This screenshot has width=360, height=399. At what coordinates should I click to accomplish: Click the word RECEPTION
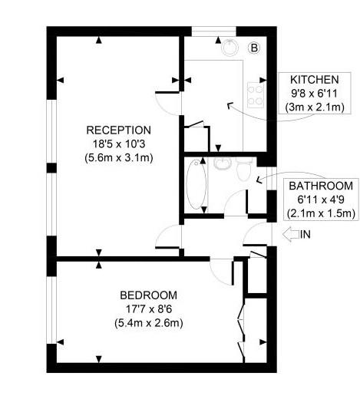[x=118, y=130]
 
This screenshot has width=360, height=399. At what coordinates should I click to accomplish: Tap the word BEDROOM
[x=148, y=295]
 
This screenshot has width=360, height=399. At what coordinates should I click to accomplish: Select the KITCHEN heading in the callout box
[x=315, y=80]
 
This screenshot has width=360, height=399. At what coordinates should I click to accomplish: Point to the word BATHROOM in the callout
[x=321, y=186]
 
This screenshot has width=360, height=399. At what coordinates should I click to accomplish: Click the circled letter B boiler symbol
[x=254, y=48]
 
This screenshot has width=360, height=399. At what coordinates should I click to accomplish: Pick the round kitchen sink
[x=230, y=48]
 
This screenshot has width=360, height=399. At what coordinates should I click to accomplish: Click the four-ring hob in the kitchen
[x=256, y=95]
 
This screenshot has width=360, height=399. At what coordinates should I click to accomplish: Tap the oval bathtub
[x=196, y=184]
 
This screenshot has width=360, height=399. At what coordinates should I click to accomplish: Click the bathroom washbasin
[x=223, y=163]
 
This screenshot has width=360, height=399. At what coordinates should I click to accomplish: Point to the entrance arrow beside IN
[x=291, y=234]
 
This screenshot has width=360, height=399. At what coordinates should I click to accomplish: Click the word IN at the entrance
[x=306, y=234]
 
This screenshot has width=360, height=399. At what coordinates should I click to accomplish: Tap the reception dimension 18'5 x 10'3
[x=119, y=144]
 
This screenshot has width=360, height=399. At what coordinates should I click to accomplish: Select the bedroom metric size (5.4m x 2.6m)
[x=149, y=323]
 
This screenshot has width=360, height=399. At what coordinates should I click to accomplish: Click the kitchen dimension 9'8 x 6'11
[x=315, y=94]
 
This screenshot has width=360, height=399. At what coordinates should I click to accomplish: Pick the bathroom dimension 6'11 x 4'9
[x=321, y=199]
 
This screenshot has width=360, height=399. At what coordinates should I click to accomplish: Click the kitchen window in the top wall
[x=213, y=31]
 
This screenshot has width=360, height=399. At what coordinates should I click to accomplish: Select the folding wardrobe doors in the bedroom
[x=242, y=330]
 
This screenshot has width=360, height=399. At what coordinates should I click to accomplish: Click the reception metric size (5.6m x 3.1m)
[x=119, y=158]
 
